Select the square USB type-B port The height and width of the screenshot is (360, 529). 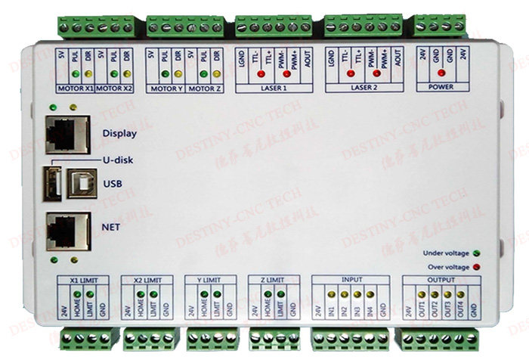point(79,182)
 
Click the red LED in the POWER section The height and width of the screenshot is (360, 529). point(441,75)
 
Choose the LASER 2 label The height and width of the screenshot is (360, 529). point(361,88)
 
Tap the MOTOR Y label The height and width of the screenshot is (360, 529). point(167,88)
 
